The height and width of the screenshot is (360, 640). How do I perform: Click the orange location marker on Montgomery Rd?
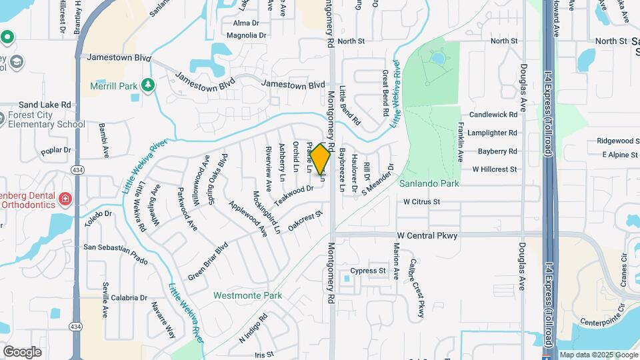tap(321, 161)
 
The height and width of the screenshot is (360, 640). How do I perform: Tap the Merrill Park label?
tap(114, 86)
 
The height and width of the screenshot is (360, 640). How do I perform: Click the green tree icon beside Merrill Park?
tap(147, 85)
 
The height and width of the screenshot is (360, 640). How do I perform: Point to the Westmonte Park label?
tap(247, 295)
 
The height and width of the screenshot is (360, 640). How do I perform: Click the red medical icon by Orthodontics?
tap(65, 198)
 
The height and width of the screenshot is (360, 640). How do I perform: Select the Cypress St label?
tap(373, 271)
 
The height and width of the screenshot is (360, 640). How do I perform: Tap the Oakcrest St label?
tap(305, 222)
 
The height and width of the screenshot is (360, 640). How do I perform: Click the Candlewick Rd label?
tap(493, 115)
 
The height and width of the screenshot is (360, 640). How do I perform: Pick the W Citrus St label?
tap(422, 201)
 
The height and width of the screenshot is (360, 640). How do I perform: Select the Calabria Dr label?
tap(129, 298)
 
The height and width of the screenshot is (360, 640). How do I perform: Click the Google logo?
tap(22, 351)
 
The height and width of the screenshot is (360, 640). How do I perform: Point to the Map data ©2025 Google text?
tap(599, 355)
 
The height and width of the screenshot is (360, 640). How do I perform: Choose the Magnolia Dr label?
tap(247, 35)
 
